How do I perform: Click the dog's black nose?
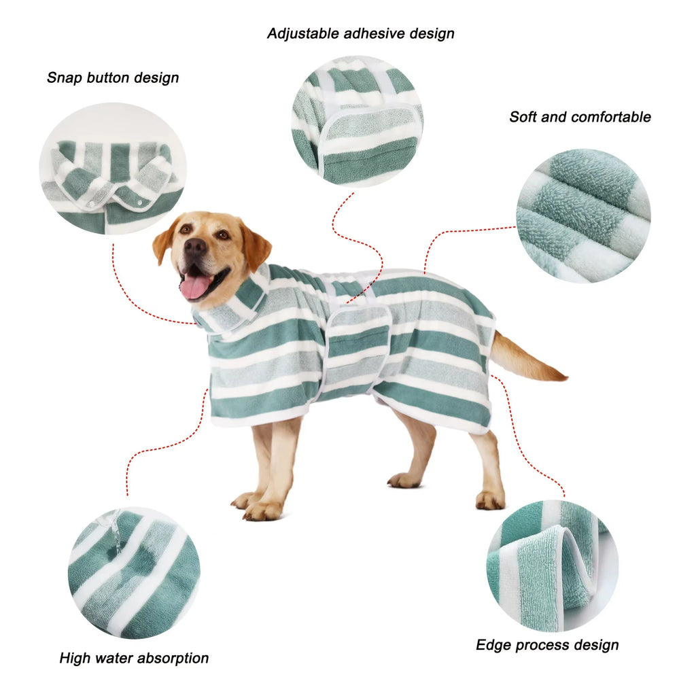(194, 247)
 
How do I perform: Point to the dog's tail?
(527, 360)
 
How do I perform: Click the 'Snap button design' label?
(113, 77)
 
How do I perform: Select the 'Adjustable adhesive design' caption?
(360, 33)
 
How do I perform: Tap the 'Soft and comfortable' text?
(580, 117)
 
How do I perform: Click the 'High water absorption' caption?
(134, 658)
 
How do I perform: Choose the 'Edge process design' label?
(547, 644)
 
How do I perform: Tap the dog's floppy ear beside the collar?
(256, 248)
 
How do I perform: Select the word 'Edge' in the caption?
(494, 644)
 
